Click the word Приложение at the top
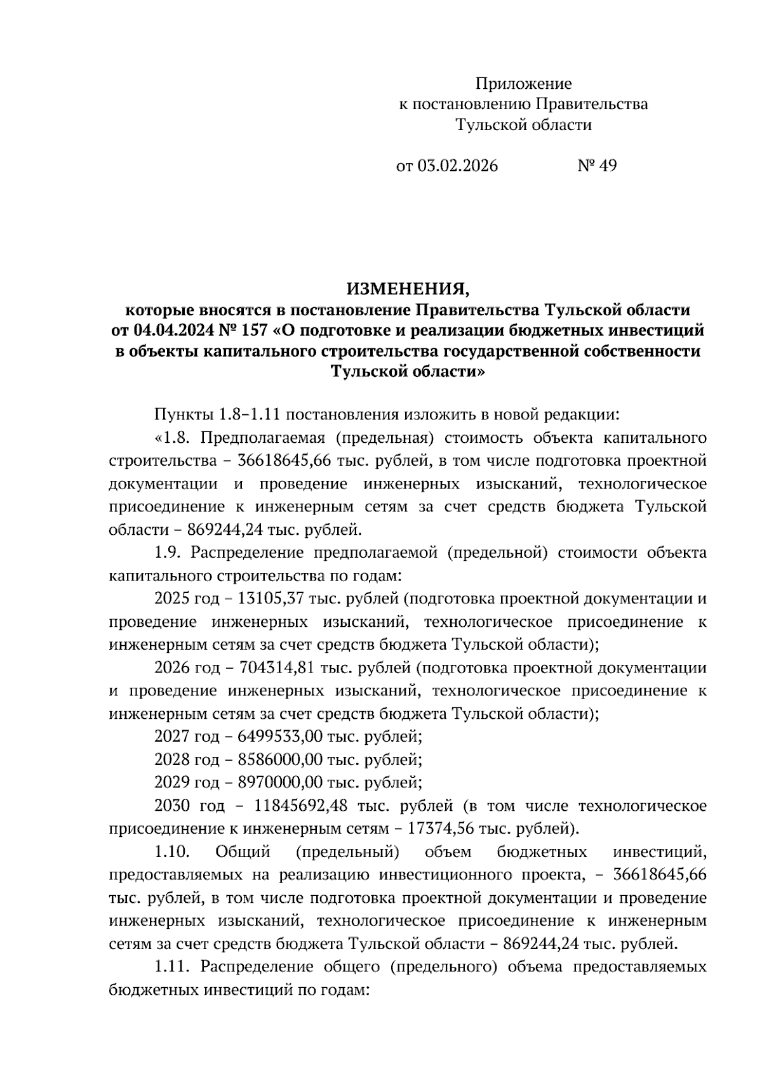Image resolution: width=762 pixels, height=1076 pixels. coord(523,84)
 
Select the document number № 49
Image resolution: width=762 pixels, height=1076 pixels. coord(597,166)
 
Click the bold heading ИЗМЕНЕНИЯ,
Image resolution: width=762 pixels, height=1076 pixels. coord(407,290)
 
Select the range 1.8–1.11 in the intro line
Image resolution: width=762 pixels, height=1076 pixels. coord(250,415)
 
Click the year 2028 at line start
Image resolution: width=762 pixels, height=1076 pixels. coord(171,759)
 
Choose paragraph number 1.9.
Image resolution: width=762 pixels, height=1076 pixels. coord(167,552)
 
